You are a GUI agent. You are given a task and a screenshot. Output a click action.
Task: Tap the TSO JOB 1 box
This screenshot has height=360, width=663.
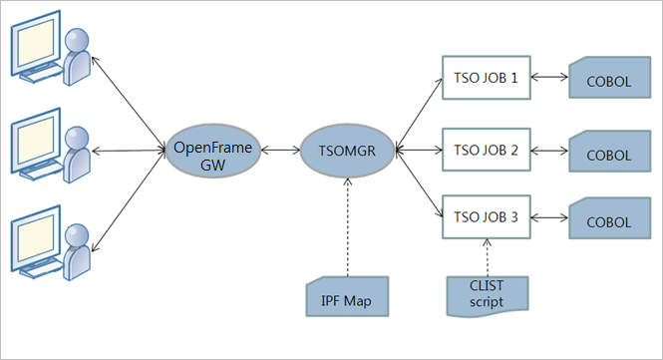485,76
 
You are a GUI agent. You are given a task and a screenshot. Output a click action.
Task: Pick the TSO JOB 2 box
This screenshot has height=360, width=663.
485,151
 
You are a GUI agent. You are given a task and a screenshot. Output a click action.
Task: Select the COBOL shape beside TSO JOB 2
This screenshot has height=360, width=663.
607,154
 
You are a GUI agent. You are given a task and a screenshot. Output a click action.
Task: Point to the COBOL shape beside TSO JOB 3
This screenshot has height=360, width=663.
607,218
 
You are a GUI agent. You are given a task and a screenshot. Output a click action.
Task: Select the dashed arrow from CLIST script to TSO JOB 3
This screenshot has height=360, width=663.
485,254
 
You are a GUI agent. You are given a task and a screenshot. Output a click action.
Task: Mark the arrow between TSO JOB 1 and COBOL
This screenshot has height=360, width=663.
548,76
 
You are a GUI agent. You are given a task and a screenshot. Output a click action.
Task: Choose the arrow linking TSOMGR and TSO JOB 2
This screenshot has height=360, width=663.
418,152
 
